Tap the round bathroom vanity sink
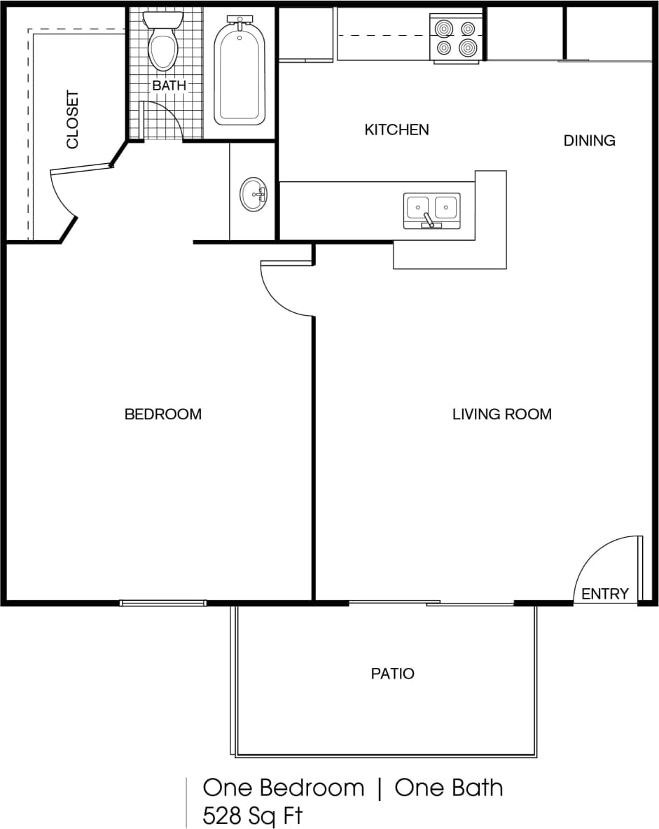(253, 194)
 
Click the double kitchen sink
(431, 209)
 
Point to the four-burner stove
(456, 38)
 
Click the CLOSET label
(73, 120)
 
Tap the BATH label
(169, 85)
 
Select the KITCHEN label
(396, 130)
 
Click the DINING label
(589, 141)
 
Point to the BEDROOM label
(162, 415)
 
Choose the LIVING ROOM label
(501, 415)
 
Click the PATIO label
(392, 674)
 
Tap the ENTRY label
(605, 594)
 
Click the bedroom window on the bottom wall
(162, 602)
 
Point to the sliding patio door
(431, 602)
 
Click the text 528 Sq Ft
(253, 816)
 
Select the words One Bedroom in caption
(284, 788)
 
